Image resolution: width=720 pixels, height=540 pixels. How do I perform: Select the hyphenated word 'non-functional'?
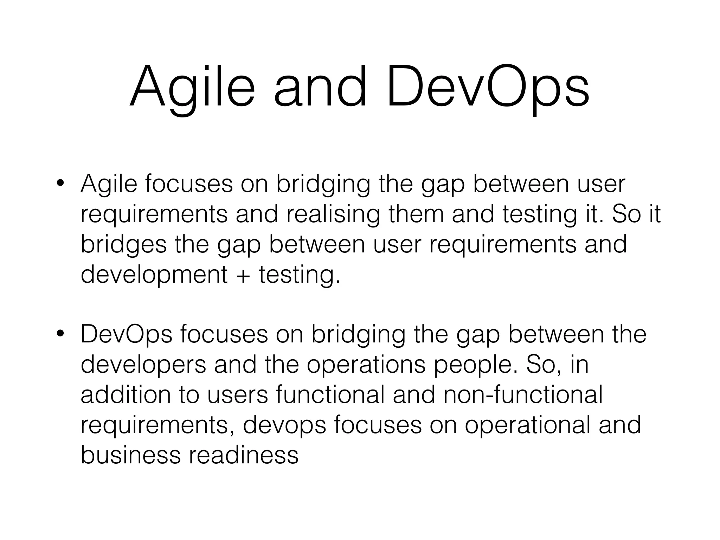click(x=523, y=394)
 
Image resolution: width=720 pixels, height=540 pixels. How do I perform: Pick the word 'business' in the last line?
click(x=130, y=455)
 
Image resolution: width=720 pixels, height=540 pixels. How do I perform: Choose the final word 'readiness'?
click(x=244, y=455)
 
